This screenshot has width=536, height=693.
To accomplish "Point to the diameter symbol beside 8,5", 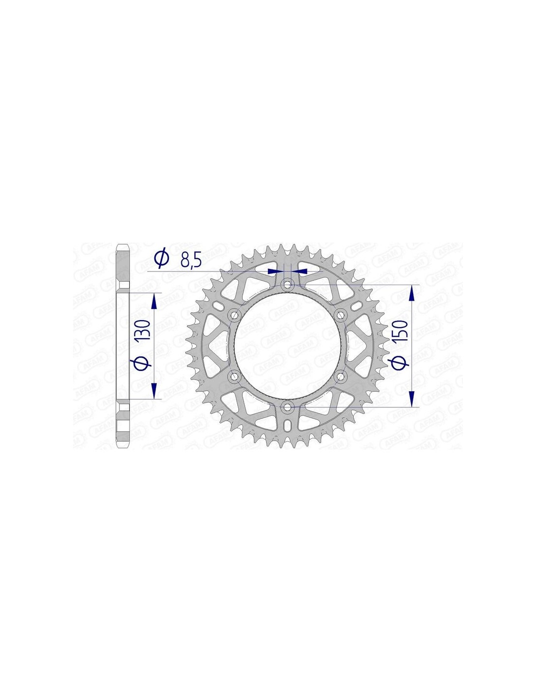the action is (x=161, y=259).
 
